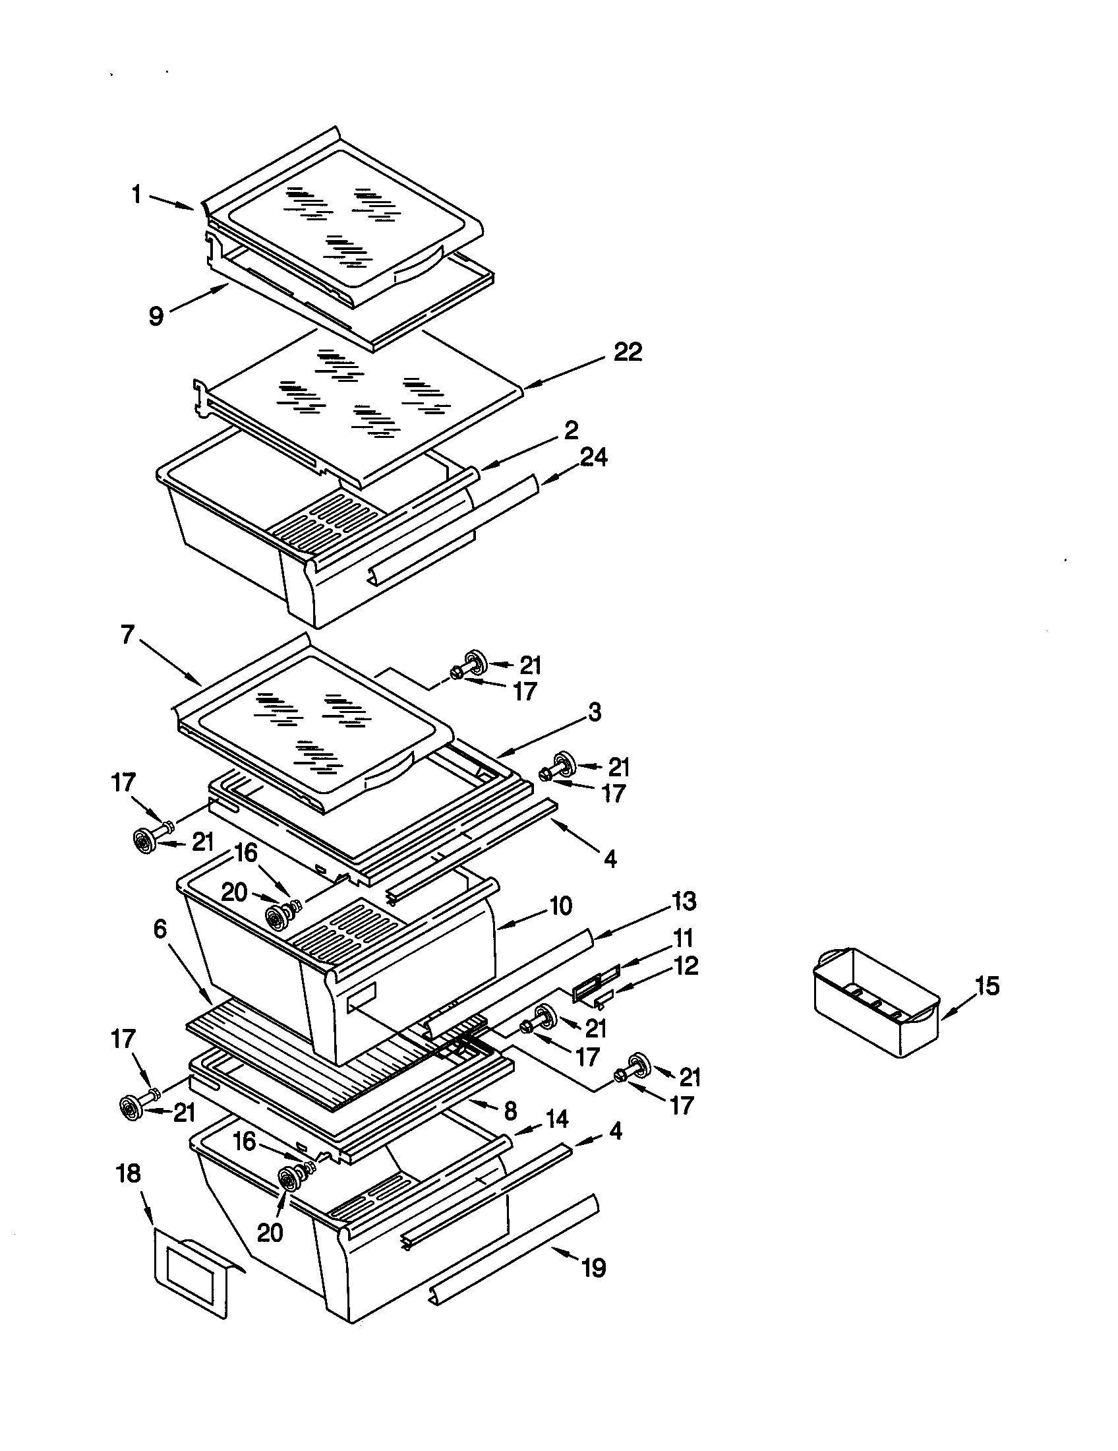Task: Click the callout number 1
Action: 136,195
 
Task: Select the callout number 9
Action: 156,316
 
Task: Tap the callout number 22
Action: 627,352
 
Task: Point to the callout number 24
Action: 593,457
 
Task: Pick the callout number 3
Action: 594,712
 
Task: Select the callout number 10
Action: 561,906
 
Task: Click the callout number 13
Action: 683,902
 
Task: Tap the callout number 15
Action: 987,986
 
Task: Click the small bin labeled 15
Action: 876,1004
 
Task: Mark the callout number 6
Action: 160,929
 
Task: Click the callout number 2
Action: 571,430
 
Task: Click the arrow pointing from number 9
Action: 200,296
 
